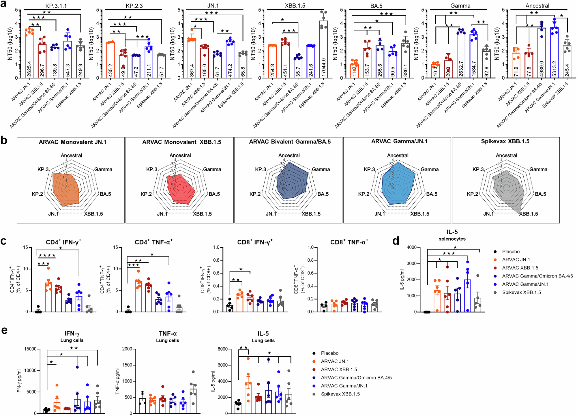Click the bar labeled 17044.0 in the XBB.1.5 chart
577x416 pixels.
pyautogui.click(x=323, y=49)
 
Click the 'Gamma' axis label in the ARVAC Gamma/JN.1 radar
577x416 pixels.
pyautogui.click(x=430, y=170)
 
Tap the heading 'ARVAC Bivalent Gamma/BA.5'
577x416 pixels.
pyautogui.click(x=290, y=142)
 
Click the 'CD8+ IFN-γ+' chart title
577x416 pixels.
pyautogui.click(x=255, y=242)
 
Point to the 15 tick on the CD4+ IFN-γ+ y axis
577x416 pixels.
pyautogui.click(x=26, y=248)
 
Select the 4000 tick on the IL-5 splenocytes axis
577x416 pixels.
pyautogui.click(x=412, y=248)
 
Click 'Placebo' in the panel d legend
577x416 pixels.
pyautogui.click(x=511, y=252)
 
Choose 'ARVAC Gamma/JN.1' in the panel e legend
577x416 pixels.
pyautogui.click(x=344, y=386)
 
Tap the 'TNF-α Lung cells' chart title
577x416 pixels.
pyautogui.click(x=168, y=337)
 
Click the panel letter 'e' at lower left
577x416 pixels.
pyautogui.click(x=4, y=330)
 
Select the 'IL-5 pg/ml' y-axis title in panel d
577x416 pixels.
pyautogui.click(x=402, y=280)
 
